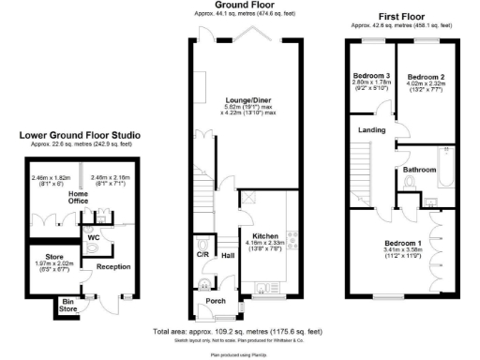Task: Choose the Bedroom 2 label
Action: pyautogui.click(x=425, y=76)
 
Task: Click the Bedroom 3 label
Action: pyautogui.click(x=371, y=76)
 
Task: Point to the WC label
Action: pyautogui.click(x=94, y=237)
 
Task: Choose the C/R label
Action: pyautogui.click(x=202, y=253)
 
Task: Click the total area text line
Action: pyautogui.click(x=240, y=332)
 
